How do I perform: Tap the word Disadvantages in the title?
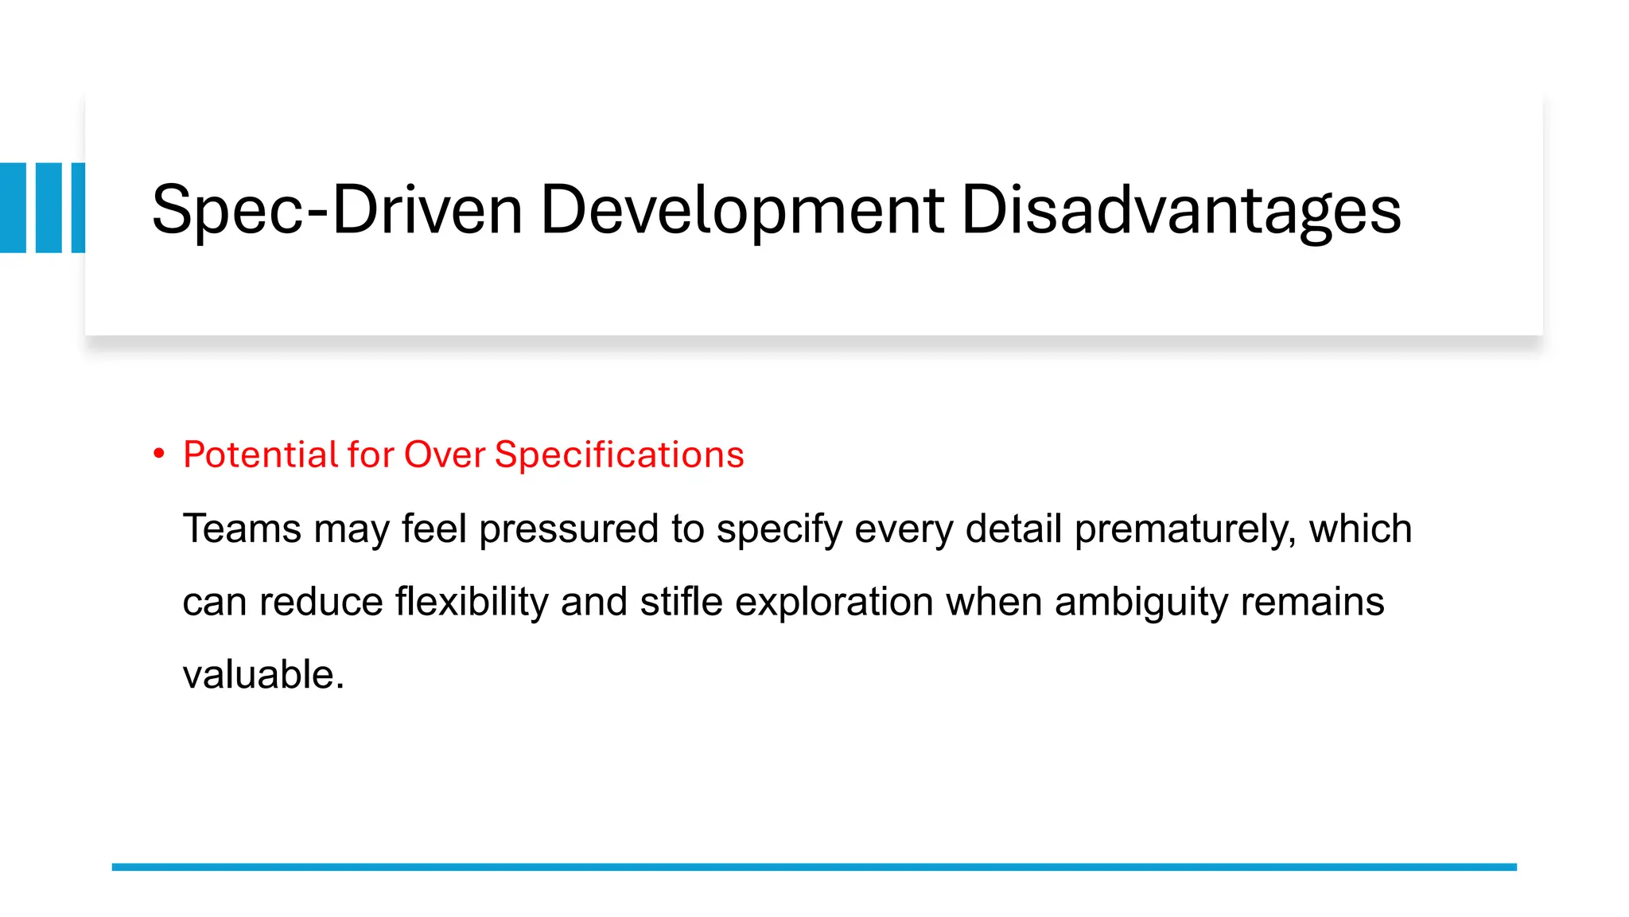tap(1180, 210)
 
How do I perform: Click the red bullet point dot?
tap(159, 454)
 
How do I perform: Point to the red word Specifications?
tap(619, 455)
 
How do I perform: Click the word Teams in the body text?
tap(242, 529)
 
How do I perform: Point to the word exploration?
tap(834, 602)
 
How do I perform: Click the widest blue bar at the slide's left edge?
tap(13, 208)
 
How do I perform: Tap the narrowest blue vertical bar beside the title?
tap(78, 208)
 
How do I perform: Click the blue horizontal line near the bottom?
tap(814, 867)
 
